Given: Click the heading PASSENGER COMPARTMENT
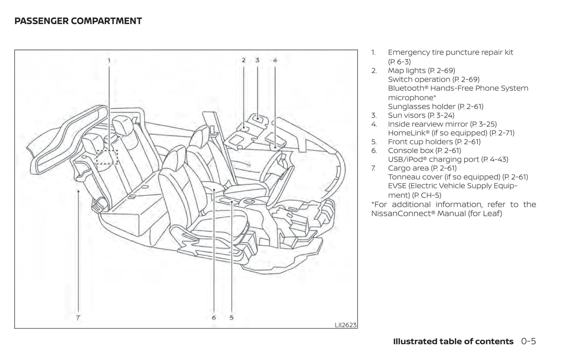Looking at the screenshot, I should pyautogui.click(x=78, y=21).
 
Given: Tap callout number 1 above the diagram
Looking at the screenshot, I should pyautogui.click(x=109, y=60).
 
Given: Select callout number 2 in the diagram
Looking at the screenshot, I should pyautogui.click(x=243, y=60).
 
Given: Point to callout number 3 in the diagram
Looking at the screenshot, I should pyautogui.click(x=257, y=60).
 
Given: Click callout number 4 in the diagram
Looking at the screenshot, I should pyautogui.click(x=275, y=60).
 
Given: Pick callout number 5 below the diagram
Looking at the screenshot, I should pyautogui.click(x=232, y=317).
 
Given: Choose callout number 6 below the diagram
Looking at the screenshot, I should pyautogui.click(x=213, y=317).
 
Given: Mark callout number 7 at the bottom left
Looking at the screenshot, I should pyautogui.click(x=78, y=317).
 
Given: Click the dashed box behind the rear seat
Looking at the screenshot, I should pyautogui.click(x=107, y=157).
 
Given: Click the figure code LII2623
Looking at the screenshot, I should pyautogui.click(x=346, y=325).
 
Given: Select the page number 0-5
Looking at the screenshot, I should pyautogui.click(x=528, y=342).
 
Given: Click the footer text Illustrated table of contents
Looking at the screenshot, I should pyautogui.click(x=453, y=342).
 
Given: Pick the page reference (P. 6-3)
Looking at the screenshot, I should pyautogui.click(x=399, y=62).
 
